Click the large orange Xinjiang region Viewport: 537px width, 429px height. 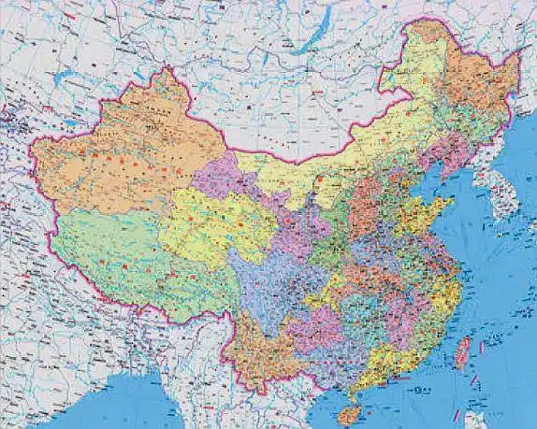122,159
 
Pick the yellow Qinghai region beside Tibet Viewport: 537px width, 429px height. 206,224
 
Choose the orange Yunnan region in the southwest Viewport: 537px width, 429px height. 257,346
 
